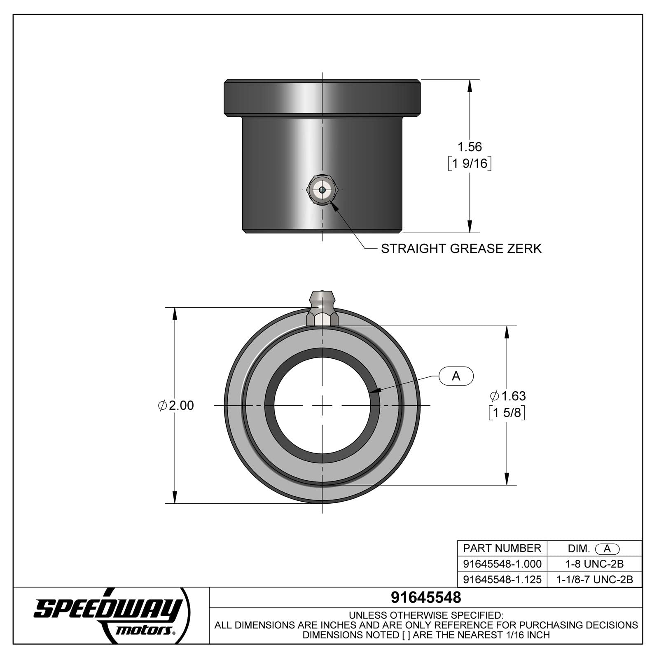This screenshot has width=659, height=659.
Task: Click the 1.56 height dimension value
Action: pos(470,147)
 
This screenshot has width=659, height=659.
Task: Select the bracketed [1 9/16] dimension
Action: pos(470,164)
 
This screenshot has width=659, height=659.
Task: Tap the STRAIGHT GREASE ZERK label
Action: pos(461,249)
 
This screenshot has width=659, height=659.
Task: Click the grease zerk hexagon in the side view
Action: pos(322,189)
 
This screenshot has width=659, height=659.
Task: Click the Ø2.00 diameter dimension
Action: pos(176,405)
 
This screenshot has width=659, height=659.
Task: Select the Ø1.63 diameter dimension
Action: pos(507,396)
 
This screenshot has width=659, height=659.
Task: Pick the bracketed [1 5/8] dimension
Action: pos(507,412)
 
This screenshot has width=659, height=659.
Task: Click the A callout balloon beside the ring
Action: pos(456,376)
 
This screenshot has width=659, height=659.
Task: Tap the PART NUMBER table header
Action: pos(502,548)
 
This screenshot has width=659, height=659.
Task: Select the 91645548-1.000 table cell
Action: pos(502,564)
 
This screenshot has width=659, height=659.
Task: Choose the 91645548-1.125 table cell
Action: pos(502,580)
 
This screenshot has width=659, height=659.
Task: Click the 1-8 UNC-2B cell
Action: pos(594,564)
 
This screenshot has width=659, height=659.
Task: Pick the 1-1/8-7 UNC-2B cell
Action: pos(594,580)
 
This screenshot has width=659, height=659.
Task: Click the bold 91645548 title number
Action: pos(426,597)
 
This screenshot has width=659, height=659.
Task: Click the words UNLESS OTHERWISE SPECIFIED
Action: pos(426,615)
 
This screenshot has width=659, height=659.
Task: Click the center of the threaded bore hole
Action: pos(322,406)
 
